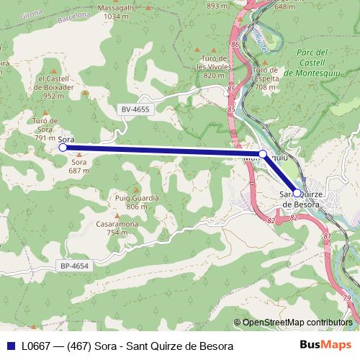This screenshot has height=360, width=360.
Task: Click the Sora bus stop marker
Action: click(x=63, y=147)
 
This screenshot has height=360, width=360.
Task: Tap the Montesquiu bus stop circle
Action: click(x=263, y=154)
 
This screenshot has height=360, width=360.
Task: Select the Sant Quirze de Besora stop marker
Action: click(x=297, y=193)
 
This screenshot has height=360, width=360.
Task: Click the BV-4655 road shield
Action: click(x=135, y=109)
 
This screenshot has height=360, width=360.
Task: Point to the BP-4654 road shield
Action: click(x=74, y=266)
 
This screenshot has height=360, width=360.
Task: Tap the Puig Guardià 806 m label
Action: click(x=132, y=201)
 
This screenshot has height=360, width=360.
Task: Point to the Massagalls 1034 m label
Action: click(x=120, y=11)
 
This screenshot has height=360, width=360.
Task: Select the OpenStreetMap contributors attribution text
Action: click(x=297, y=323)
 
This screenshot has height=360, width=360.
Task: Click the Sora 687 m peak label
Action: click(x=78, y=166)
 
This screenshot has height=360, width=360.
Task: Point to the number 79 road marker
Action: click(x=348, y=298)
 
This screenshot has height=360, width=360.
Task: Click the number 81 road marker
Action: click(x=327, y=235)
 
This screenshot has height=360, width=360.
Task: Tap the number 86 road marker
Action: click(x=235, y=45)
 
